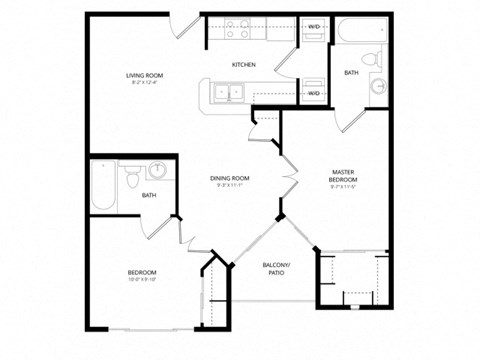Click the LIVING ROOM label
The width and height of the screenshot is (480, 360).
point(145,76)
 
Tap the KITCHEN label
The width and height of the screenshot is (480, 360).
point(243,65)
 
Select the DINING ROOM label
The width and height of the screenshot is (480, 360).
point(230,178)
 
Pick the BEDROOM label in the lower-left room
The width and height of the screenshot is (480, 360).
point(141,272)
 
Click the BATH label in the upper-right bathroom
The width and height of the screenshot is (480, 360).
point(352,73)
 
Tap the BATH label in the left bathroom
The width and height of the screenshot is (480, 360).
point(148,195)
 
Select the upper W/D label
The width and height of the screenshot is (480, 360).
point(313,27)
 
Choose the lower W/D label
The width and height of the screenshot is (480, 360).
point(313,93)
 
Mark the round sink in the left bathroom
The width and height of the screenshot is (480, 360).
point(160,168)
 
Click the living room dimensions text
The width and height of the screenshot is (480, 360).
point(145,84)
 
